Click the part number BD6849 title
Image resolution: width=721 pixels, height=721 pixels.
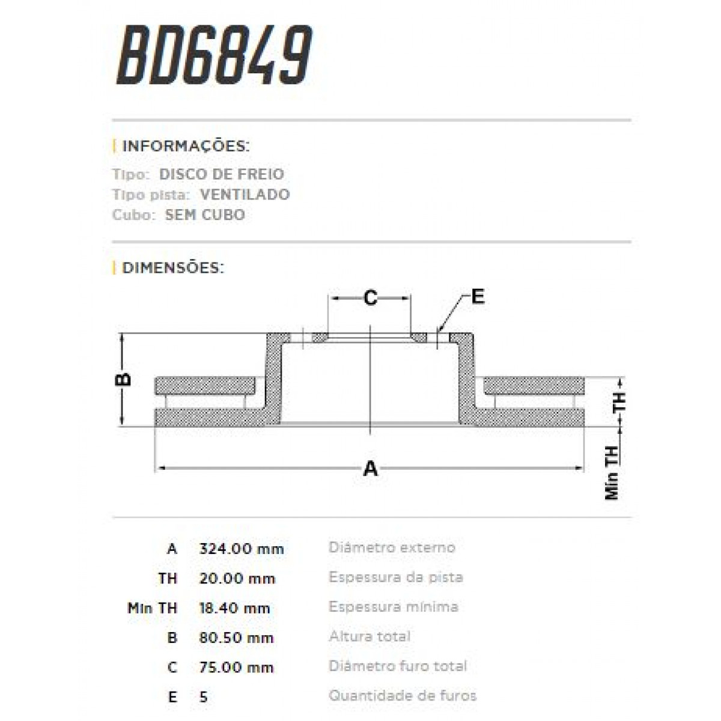[214, 55]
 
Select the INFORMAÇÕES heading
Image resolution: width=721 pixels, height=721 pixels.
[185, 146]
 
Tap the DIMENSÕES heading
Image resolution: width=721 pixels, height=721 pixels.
[172, 268]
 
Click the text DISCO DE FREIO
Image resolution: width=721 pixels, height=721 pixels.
[222, 174]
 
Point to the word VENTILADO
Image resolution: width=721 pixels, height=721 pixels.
[245, 195]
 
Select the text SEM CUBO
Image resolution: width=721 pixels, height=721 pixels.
[205, 215]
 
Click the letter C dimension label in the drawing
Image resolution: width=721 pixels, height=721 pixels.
[371, 297]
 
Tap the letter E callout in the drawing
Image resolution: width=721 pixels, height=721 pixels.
[478, 296]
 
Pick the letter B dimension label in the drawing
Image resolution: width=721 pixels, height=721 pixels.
[123, 379]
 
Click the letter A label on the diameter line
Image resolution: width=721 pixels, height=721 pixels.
[371, 468]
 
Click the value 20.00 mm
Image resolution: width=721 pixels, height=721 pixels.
[237, 579]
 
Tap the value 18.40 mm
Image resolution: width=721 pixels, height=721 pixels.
[234, 608]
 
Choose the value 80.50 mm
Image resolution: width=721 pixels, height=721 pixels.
[236, 637]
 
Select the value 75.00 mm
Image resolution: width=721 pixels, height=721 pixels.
[236, 667]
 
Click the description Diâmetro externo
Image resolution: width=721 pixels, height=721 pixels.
[392, 547]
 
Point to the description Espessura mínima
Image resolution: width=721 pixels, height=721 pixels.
[394, 607]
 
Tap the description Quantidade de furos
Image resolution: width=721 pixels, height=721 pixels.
[403, 696]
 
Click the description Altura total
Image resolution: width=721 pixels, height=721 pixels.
[370, 636]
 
